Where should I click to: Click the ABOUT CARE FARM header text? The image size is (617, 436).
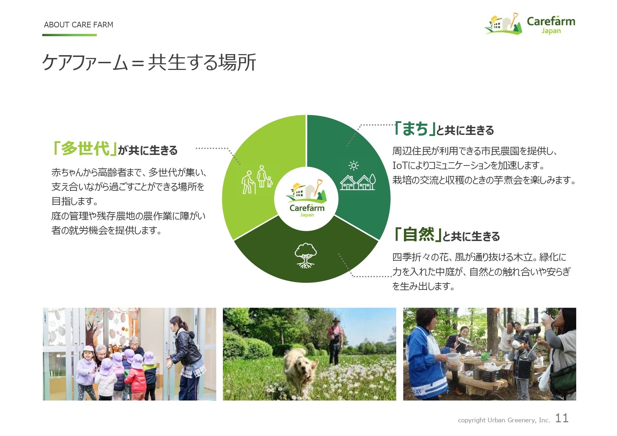click(x=78, y=25)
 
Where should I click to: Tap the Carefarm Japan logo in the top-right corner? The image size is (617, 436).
click(x=530, y=24)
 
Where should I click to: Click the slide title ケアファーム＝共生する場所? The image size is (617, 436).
click(x=149, y=63)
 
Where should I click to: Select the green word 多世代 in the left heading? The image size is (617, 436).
click(x=85, y=148)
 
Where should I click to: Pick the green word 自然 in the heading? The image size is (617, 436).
click(x=418, y=234)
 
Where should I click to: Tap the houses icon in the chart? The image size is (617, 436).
click(x=358, y=182)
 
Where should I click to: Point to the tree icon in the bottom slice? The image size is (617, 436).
click(x=306, y=255)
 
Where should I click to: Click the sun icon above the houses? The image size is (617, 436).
click(x=353, y=165)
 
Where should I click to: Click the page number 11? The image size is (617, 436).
click(x=562, y=418)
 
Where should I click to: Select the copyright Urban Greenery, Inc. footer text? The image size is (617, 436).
click(x=504, y=420)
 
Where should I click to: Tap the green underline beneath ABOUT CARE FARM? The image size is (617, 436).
click(x=69, y=35)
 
